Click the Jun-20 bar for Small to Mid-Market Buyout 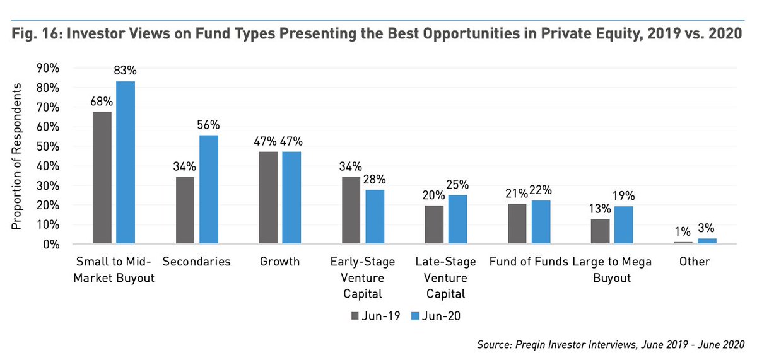click(x=125, y=162)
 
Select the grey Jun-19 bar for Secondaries click(x=185, y=210)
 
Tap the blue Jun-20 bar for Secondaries click(x=209, y=189)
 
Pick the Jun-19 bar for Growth click(x=268, y=197)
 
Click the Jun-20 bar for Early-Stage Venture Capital click(x=374, y=216)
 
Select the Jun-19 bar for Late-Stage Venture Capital click(x=433, y=224)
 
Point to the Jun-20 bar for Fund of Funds click(x=541, y=222)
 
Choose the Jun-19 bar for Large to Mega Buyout click(x=600, y=231)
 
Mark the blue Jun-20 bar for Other click(x=707, y=241)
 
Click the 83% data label click(x=125, y=71)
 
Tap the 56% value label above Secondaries click(x=209, y=124)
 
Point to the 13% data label click(x=600, y=208)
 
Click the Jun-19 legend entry click(x=372, y=315)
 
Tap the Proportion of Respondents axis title click(x=19, y=156)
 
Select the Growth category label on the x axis click(x=279, y=262)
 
